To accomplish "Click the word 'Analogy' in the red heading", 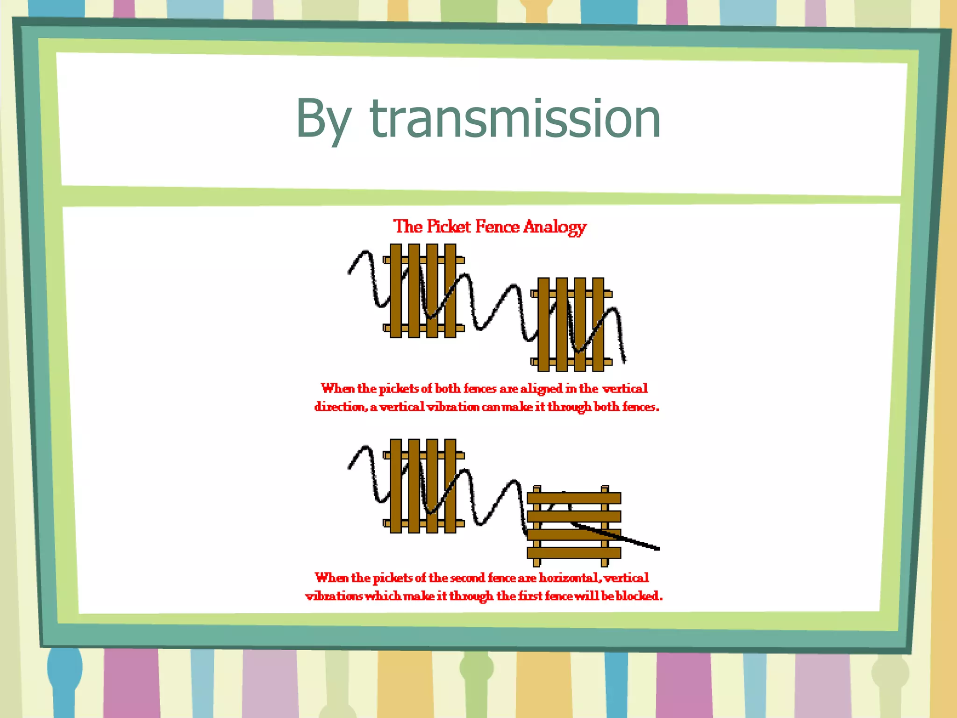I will click(x=555, y=227).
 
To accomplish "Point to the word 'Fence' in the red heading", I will click(x=497, y=227).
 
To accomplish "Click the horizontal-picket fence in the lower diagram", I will click(x=574, y=525).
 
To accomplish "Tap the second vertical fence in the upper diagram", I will click(x=571, y=324).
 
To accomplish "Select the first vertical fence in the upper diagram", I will click(x=423, y=290).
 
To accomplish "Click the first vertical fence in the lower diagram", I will click(x=423, y=486).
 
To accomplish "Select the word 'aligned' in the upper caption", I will click(x=542, y=388).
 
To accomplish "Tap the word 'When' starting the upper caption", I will click(x=337, y=388).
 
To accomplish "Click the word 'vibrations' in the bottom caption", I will click(x=334, y=596).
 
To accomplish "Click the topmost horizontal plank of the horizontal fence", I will click(x=574, y=498).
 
